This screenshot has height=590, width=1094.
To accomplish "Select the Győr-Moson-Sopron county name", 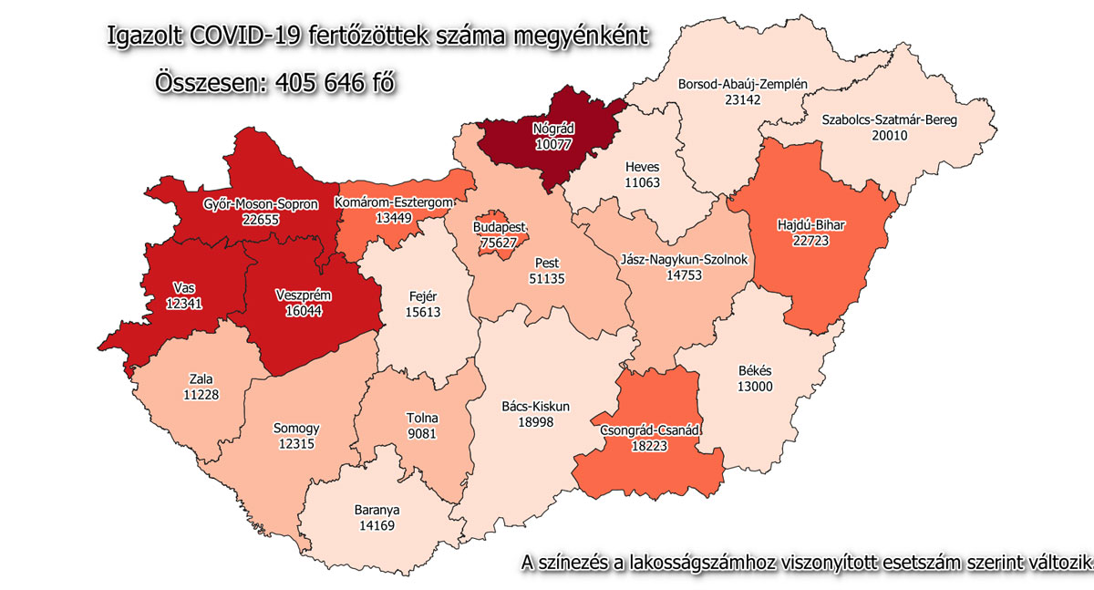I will point(261,205).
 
